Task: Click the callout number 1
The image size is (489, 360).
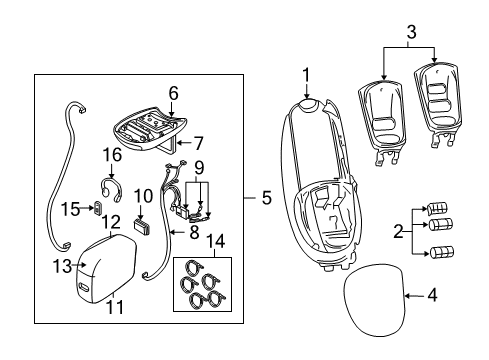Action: coord(307,75)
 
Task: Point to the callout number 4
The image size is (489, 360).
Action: coord(433,294)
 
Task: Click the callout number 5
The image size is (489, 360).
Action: coord(265,198)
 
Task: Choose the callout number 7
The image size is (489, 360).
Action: coord(199,143)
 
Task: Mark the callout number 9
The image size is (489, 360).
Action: coord(198,167)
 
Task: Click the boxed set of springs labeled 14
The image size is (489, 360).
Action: coord(200,284)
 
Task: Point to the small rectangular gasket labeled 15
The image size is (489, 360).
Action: coord(96,209)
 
